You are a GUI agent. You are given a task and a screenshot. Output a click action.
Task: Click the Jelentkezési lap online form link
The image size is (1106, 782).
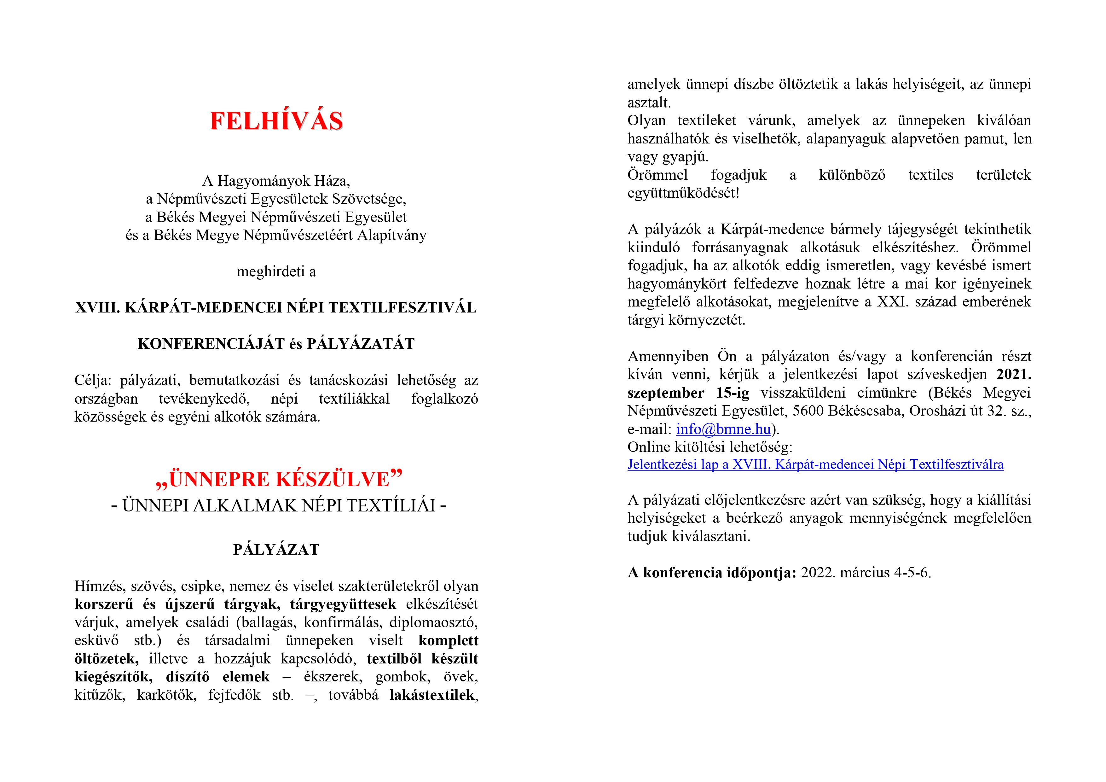click(x=815, y=464)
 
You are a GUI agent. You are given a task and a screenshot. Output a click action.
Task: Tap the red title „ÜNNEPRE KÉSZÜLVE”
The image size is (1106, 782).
click(x=278, y=479)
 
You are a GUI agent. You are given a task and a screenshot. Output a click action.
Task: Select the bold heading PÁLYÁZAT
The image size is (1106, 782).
click(x=276, y=550)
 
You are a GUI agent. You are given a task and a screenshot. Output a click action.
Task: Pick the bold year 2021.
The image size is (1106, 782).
click(x=1014, y=374)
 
